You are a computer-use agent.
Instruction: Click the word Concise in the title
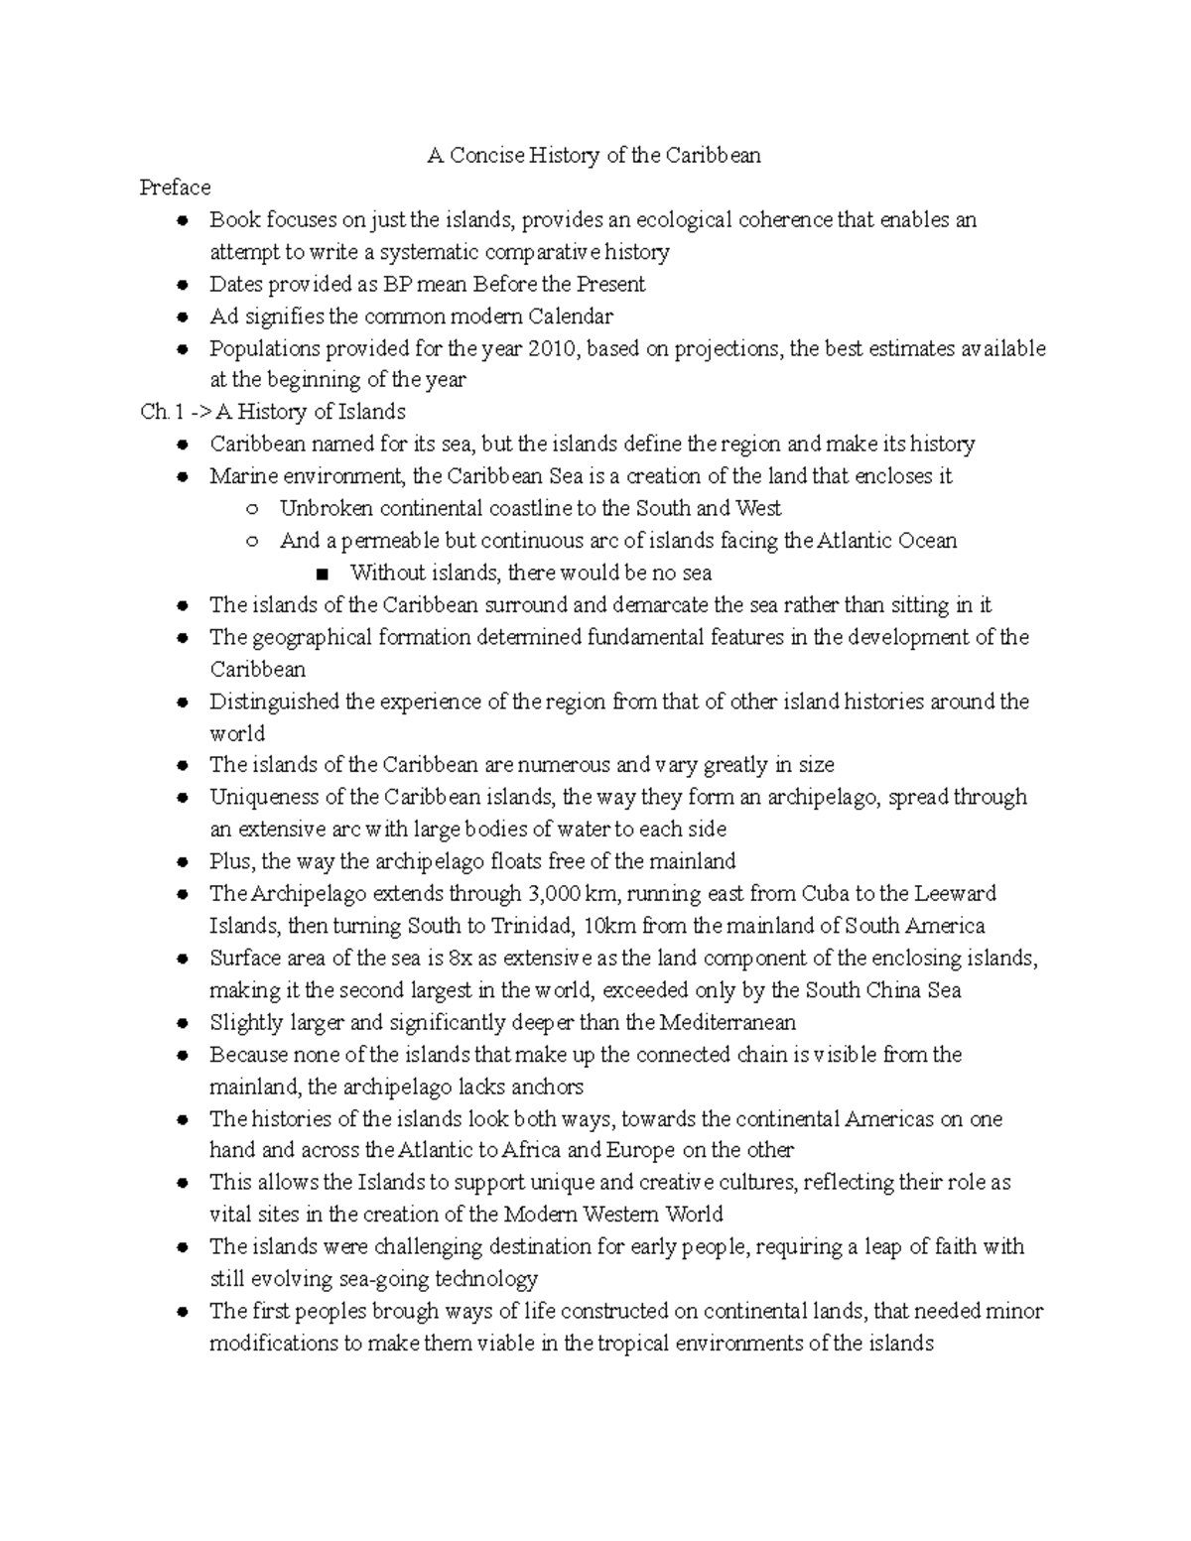[x=486, y=156]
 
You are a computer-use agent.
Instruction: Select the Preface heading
[x=175, y=188]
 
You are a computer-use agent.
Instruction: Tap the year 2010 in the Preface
[x=551, y=348]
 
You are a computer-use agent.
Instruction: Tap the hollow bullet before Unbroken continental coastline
[x=252, y=509]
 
